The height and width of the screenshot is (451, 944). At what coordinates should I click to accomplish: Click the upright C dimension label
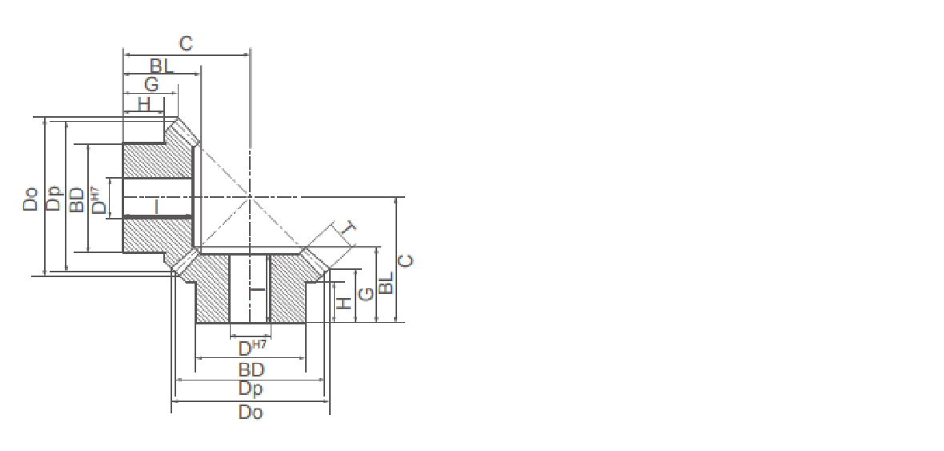tap(186, 43)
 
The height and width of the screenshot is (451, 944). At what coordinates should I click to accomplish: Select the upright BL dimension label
tap(162, 66)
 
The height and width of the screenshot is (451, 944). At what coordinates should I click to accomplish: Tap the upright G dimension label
tap(151, 84)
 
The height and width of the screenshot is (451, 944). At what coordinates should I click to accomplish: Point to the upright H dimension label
tap(144, 104)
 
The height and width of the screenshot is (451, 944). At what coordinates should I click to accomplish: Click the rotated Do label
tap(30, 199)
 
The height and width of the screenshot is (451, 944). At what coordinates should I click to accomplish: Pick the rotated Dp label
tap(54, 198)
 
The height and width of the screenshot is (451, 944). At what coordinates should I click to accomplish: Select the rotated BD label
tap(76, 199)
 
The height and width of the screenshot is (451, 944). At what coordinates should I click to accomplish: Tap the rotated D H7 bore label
tap(98, 200)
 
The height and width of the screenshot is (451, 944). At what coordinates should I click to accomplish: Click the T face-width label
tap(348, 228)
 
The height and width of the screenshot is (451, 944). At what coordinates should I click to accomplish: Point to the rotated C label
tap(407, 260)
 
